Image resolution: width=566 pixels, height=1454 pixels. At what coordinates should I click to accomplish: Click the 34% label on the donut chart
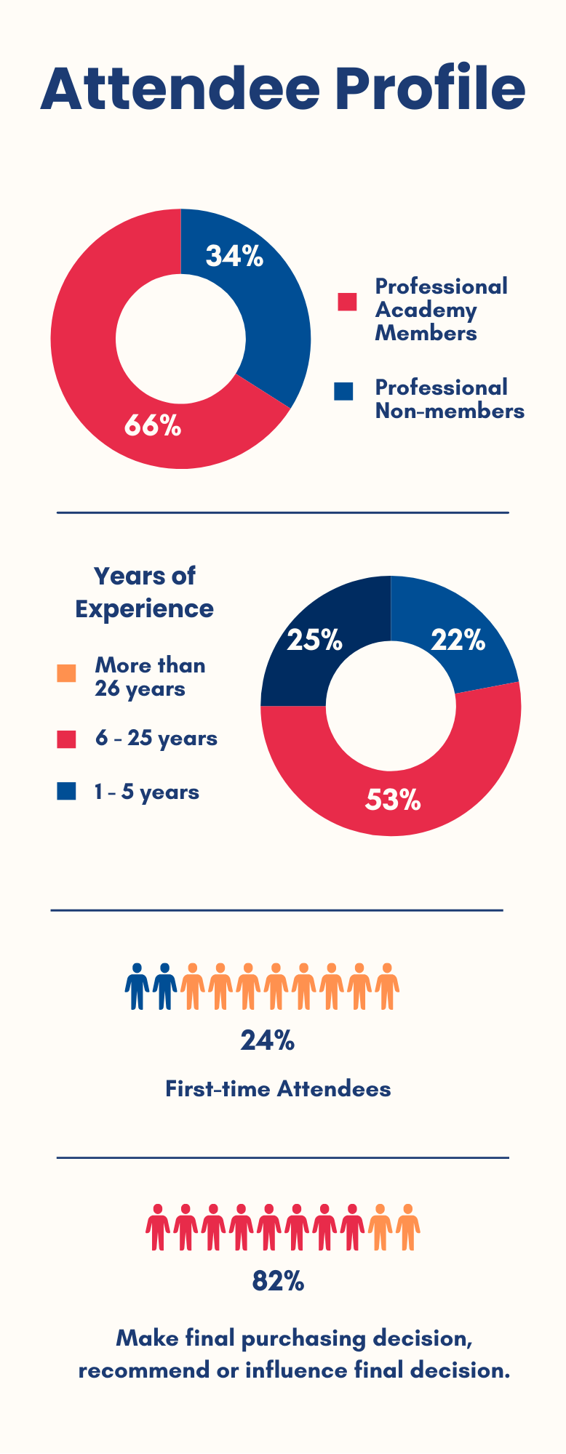coord(234,256)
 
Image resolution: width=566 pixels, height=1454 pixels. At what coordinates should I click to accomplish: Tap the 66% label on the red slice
coord(152,425)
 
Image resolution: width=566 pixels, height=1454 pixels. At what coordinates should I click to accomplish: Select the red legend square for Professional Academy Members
coord(347,302)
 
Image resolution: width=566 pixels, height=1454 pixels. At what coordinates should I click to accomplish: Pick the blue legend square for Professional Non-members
coord(343,391)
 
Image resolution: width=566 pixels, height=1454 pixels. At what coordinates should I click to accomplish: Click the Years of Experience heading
coord(144,592)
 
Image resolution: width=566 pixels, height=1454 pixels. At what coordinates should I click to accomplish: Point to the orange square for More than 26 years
coord(66,673)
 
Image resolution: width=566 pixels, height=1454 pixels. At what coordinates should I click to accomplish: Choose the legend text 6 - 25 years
coord(156,739)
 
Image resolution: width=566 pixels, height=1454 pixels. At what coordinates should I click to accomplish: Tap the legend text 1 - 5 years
coord(146,791)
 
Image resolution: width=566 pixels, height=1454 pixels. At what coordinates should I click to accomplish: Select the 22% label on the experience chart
coord(458,640)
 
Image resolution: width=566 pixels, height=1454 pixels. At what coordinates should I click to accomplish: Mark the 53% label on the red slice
coord(393,800)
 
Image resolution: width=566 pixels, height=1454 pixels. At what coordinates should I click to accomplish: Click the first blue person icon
coord(137,987)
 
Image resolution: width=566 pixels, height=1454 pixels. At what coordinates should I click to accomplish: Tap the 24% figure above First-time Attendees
coord(267,1041)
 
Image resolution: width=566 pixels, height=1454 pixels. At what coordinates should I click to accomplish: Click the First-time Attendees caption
coord(278,1088)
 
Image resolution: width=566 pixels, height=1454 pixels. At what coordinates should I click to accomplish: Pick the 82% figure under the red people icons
coord(278,1282)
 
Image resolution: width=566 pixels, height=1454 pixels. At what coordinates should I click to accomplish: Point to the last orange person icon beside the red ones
coord(408,1227)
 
